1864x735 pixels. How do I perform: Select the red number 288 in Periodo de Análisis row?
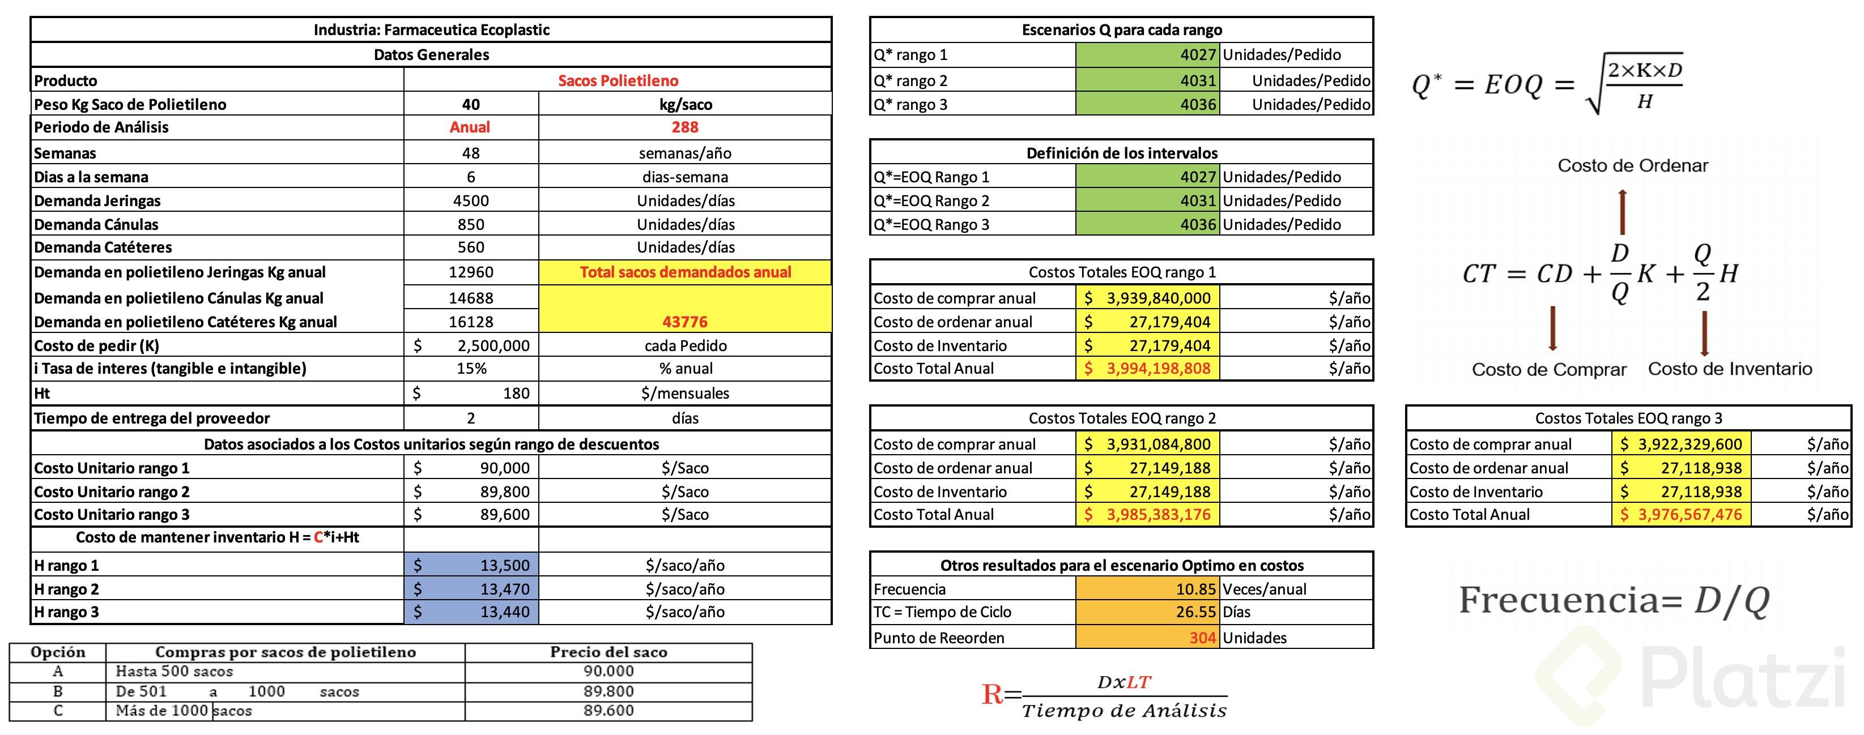[x=684, y=127]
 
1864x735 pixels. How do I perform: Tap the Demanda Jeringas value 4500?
[x=470, y=200]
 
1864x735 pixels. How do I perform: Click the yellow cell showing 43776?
[x=684, y=321]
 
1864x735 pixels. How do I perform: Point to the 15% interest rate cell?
[x=470, y=368]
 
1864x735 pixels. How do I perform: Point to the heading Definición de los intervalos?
[x=1122, y=153]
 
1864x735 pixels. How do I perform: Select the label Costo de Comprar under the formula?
[x=1548, y=370]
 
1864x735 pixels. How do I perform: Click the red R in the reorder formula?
[x=991, y=694]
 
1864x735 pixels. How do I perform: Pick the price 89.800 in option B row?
[x=608, y=691]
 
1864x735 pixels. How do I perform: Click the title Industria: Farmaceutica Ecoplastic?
[x=431, y=29]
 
